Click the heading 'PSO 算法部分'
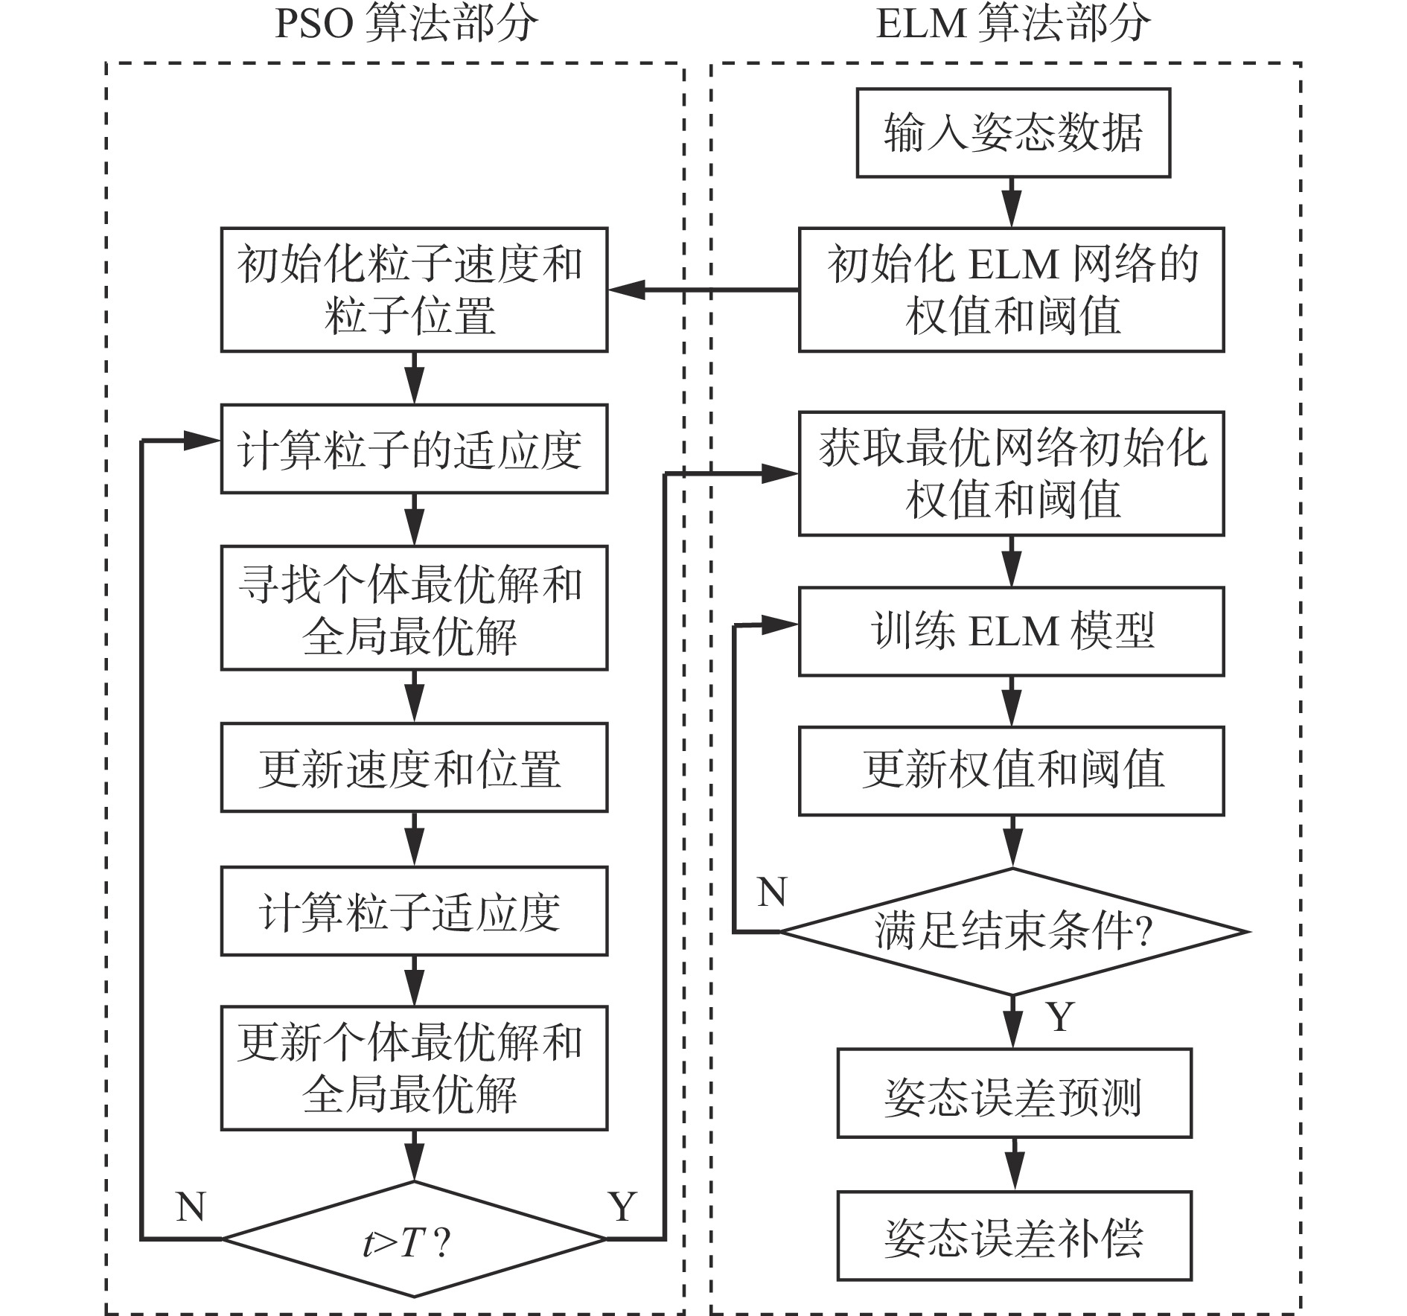[406, 24]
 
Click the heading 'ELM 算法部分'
[1012, 24]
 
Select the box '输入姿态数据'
[1013, 133]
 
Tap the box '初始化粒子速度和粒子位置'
[414, 290]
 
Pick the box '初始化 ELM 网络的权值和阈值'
[1011, 290]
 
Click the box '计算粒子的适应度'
[414, 449]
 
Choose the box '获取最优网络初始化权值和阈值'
[1011, 473]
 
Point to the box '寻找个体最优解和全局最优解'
[414, 608]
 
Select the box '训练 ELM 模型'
[1011, 631]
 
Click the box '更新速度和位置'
[414, 767]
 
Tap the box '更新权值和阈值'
[1011, 770]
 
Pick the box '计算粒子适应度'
[414, 911]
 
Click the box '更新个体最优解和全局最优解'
[414, 1068]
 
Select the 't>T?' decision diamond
[414, 1239]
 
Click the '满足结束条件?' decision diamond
[1012, 931]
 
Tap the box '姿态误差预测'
[1014, 1093]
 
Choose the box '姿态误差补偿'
[1014, 1236]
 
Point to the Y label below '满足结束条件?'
[1060, 1016]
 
